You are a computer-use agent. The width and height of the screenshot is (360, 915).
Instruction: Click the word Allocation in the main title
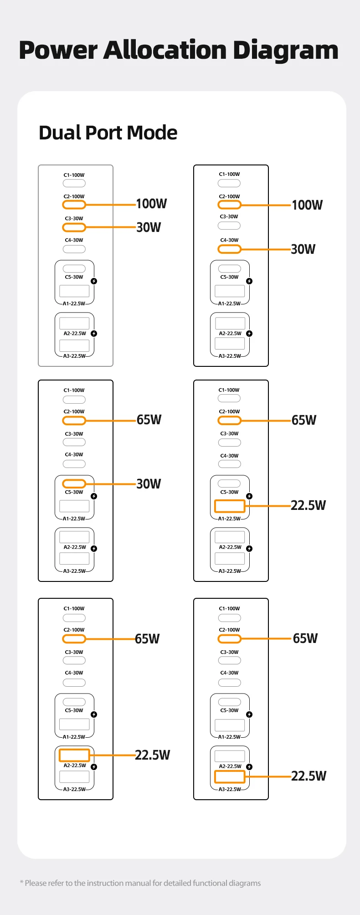pyautogui.click(x=166, y=50)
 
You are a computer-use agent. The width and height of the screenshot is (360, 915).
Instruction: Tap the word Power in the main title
pyautogui.click(x=58, y=50)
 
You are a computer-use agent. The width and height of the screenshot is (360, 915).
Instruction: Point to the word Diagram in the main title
pyautogui.click(x=286, y=51)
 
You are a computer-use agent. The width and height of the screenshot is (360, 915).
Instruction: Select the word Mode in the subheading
pyautogui.click(x=152, y=133)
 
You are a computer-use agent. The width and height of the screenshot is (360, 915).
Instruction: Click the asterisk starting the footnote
pyautogui.click(x=21, y=883)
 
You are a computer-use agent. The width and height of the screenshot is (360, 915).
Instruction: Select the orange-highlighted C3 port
pyautogui.click(x=74, y=227)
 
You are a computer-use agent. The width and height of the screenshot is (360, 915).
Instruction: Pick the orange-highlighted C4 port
pyautogui.click(x=229, y=249)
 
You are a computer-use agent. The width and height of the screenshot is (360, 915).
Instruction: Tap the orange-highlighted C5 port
pyautogui.click(x=74, y=483)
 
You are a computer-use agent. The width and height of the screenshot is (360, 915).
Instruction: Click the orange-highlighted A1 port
pyautogui.click(x=230, y=506)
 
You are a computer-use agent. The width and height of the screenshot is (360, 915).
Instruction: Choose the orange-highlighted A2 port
pyautogui.click(x=74, y=755)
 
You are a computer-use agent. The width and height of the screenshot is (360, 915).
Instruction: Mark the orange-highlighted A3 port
pyautogui.click(x=230, y=776)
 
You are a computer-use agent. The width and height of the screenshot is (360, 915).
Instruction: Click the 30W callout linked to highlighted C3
pyautogui.click(x=149, y=227)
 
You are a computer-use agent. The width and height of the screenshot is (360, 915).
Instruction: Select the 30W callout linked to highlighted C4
pyautogui.click(x=303, y=249)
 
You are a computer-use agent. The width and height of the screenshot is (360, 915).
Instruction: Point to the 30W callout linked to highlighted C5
pyautogui.click(x=149, y=484)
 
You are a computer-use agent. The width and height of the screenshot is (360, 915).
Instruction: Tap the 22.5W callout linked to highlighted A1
pyautogui.click(x=309, y=505)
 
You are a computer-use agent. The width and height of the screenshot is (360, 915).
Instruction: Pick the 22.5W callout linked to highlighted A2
pyautogui.click(x=153, y=755)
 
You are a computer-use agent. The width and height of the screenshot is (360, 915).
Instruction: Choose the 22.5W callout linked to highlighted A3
pyautogui.click(x=309, y=776)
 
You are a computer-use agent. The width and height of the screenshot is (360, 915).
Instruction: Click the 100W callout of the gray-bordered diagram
pyautogui.click(x=152, y=204)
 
